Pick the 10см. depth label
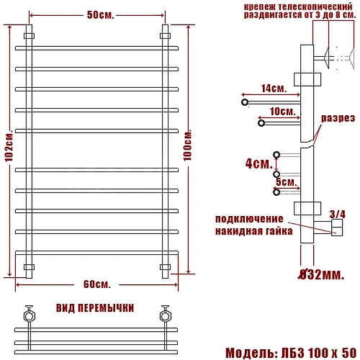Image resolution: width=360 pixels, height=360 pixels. (281, 112)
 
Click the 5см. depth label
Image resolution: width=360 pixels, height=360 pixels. (284, 181)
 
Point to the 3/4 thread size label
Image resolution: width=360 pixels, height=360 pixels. (336, 214)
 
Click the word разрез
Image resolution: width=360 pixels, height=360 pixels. (338, 118)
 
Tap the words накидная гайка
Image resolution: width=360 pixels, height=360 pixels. (253, 231)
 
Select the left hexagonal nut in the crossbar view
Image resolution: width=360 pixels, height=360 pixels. (30, 314)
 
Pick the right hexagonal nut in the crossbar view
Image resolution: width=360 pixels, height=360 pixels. (164, 314)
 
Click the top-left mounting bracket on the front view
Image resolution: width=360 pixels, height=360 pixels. (30, 35)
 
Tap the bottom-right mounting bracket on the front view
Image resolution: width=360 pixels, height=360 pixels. (165, 267)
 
